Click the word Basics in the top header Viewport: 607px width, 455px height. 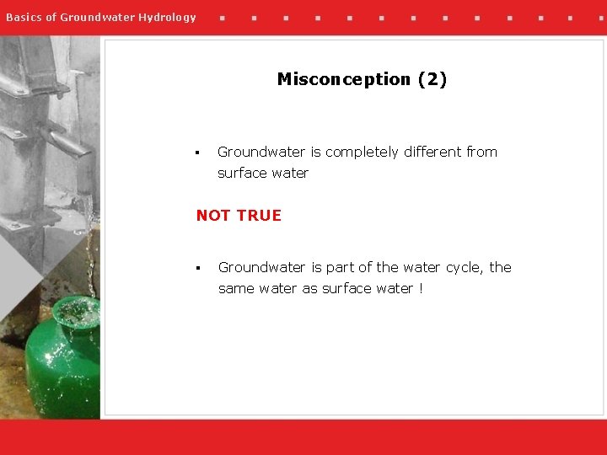tap(24, 17)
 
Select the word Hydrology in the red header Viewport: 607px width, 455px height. tap(168, 17)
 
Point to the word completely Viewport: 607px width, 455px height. tap(363, 153)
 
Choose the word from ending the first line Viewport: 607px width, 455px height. tap(481, 152)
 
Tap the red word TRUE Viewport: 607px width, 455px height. tap(259, 216)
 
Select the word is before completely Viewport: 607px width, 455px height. tap(315, 152)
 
